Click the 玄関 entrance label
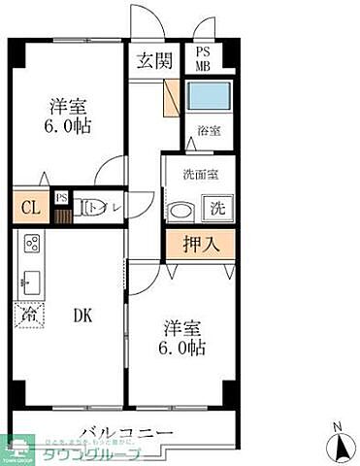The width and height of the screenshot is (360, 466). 155,61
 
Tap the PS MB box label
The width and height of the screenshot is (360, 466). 205,60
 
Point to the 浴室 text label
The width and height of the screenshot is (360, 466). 209,131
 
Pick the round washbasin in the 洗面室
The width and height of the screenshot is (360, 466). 180,211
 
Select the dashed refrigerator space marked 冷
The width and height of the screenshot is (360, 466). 28,316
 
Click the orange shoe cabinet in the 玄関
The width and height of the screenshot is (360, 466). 172,97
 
